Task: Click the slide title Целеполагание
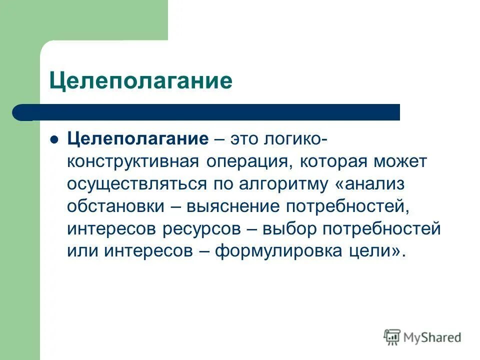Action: click(x=140, y=80)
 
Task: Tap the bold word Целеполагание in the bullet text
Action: click(x=138, y=139)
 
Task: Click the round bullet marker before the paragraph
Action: click(x=55, y=139)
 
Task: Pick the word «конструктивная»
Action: click(x=132, y=161)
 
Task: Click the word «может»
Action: click(x=400, y=161)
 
